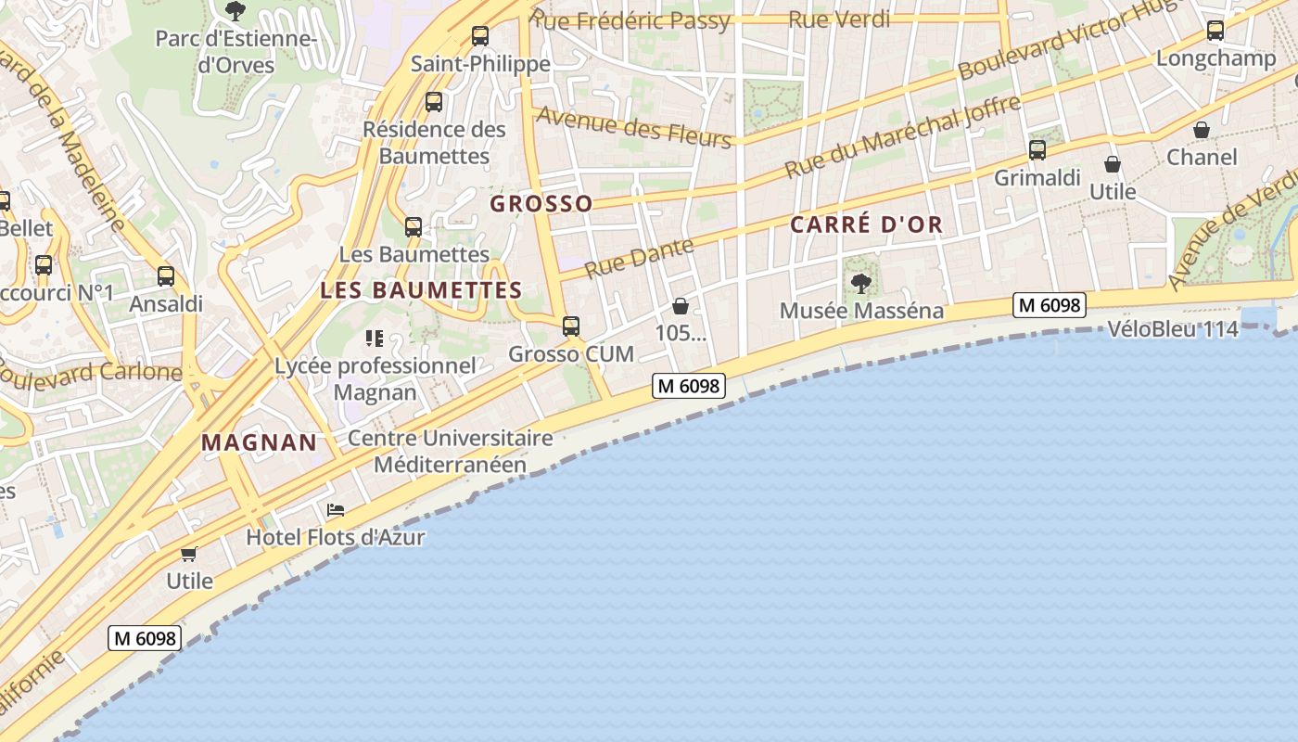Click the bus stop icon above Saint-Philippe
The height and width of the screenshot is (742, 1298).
tap(479, 36)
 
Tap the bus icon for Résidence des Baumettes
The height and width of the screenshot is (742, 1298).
tap(433, 102)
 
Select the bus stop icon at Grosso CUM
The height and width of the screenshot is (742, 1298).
tap(571, 326)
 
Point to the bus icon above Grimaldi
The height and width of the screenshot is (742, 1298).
tap(1037, 149)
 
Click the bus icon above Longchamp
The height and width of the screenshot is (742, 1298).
tap(1215, 31)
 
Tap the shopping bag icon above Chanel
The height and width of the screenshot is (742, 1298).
tap(1202, 129)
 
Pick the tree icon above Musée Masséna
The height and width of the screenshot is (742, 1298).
tap(861, 283)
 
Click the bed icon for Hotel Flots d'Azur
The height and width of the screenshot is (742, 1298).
tap(336, 510)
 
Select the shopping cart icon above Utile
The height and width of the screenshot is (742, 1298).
tap(189, 554)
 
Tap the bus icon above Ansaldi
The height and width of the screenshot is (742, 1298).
tap(166, 275)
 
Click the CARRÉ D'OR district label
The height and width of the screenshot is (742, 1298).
tap(866, 224)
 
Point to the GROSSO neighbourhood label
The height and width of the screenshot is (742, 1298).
tap(541, 204)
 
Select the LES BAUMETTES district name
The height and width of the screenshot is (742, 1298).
tap(422, 290)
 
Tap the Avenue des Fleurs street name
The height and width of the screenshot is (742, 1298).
tap(634, 126)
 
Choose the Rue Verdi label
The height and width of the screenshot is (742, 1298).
tap(839, 19)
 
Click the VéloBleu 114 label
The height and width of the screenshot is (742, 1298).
tap(1173, 329)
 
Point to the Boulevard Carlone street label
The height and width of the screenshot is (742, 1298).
tap(93, 373)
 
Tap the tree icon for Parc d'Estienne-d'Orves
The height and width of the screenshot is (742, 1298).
tap(235, 11)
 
